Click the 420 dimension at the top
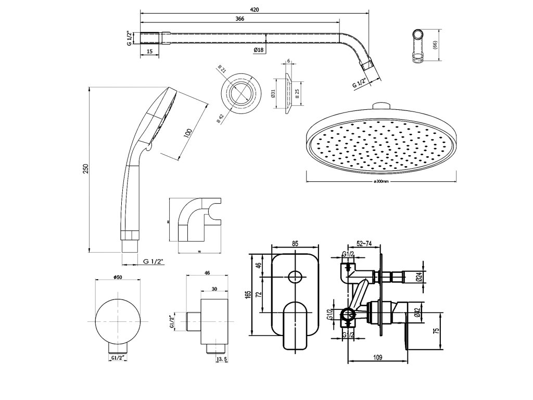pos(255,9)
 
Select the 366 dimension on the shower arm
pos(239,19)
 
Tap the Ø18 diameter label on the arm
pos(260,49)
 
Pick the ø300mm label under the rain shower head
pos(382,182)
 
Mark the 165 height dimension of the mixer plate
pos(248,295)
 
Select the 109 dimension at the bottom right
pos(378,357)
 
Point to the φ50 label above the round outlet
pos(118,277)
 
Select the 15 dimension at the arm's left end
pos(149,51)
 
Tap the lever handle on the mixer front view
pos(295,326)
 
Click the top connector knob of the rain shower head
pos(381,106)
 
